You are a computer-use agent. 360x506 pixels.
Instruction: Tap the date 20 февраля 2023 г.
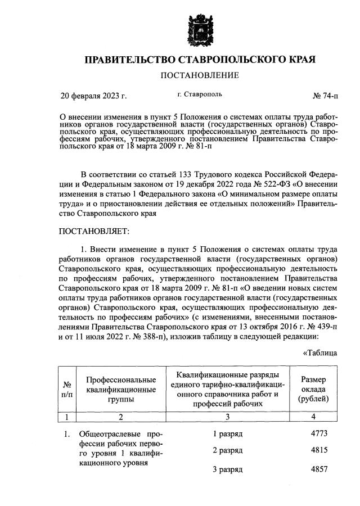point(93,95)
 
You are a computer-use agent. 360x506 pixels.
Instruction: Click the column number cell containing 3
point(227,418)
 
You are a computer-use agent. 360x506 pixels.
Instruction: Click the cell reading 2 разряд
point(227,451)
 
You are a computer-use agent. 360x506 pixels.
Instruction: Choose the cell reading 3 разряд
point(227,469)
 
